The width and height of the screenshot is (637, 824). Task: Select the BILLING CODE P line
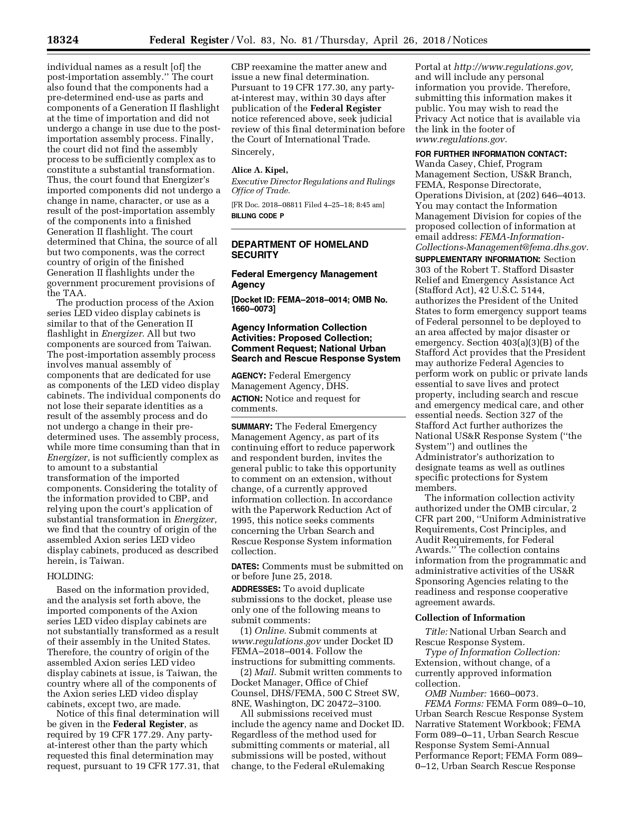(257, 216)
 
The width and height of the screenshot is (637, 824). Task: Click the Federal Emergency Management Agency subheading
(304, 279)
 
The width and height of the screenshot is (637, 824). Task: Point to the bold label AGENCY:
(248, 376)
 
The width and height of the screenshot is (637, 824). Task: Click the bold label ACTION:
(247, 399)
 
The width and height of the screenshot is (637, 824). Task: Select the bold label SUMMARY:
(252, 426)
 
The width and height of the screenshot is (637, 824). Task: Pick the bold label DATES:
(245, 566)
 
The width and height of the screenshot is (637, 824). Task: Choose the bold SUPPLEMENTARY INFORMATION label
(478, 260)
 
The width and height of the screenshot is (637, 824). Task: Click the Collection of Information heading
(470, 618)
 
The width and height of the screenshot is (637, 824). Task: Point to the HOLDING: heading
(70, 576)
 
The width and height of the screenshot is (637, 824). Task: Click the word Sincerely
(252, 152)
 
